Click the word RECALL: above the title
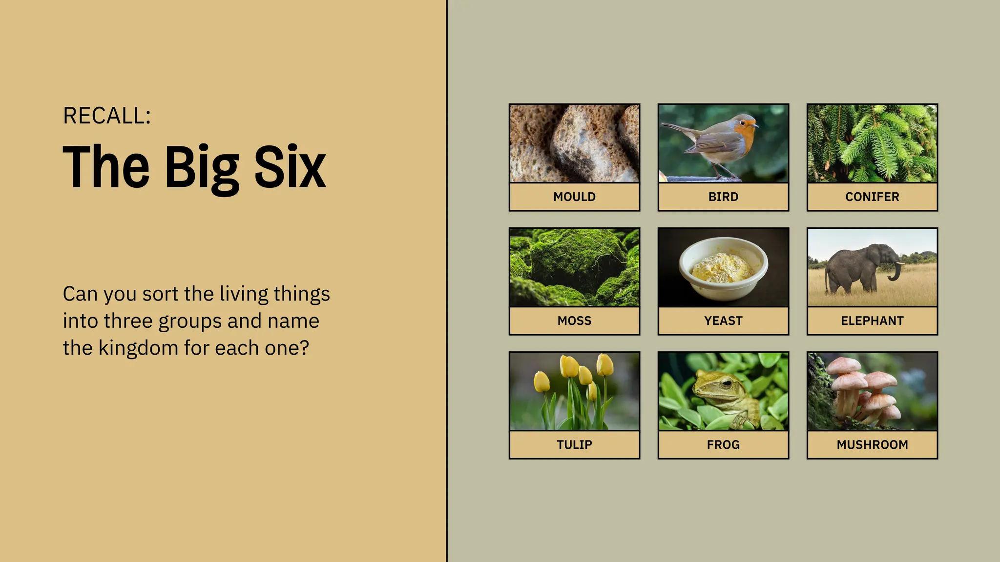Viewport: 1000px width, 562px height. tap(107, 116)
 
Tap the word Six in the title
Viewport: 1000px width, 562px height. tap(290, 167)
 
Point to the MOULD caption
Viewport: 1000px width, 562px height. tap(574, 197)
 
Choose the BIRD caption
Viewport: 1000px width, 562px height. tap(723, 197)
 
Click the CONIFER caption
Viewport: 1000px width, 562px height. tap(872, 197)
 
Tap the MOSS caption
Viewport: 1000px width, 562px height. tap(574, 321)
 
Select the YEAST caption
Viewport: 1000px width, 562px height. tap(723, 321)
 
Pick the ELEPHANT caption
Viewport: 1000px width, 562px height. tap(872, 321)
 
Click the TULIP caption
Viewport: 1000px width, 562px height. tap(574, 444)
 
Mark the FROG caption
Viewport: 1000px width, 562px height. tap(723, 444)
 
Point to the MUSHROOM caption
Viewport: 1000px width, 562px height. tap(872, 444)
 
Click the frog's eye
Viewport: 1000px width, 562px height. tap(726, 383)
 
